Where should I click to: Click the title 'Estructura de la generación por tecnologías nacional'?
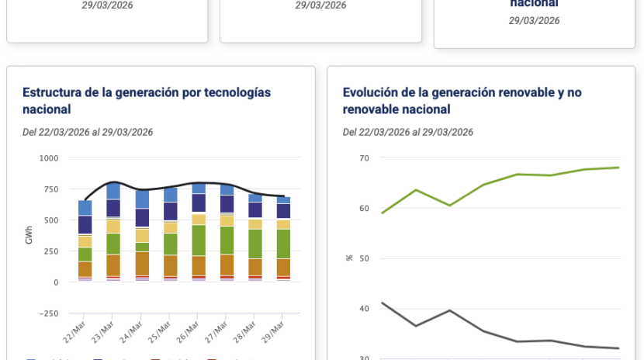pos(147,101)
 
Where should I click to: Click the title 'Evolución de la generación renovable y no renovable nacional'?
pos(462,101)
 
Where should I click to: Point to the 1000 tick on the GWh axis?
pos(48,158)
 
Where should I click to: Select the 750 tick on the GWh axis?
pos(50,189)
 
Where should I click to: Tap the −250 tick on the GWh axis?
pos(47,313)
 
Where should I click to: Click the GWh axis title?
pos(29,236)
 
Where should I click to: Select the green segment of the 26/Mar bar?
pos(199,240)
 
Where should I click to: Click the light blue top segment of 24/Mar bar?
pos(142,199)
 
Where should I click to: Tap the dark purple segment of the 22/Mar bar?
pos(85,224)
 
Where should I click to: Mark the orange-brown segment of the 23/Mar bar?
pos(113,265)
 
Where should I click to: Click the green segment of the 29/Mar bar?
pos(283,244)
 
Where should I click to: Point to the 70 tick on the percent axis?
pos(364,158)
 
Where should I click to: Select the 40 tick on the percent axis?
pos(364,309)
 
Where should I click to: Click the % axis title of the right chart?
pos(349,258)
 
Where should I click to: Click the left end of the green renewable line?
pos(381,213)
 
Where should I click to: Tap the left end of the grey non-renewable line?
pos(381,303)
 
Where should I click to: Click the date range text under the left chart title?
pos(88,132)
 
